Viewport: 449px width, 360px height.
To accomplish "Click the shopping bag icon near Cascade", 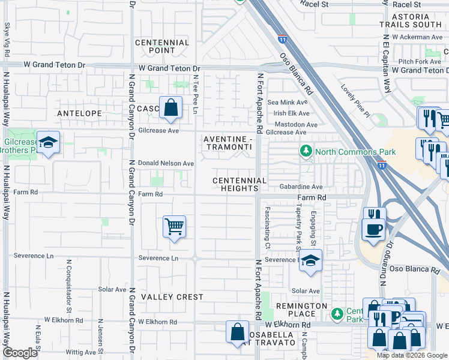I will (171, 109).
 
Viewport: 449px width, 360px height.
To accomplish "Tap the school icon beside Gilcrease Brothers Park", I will (49, 143).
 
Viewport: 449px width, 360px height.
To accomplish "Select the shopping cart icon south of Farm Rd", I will (174, 227).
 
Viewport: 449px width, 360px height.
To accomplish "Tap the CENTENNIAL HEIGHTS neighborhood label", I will (239, 184).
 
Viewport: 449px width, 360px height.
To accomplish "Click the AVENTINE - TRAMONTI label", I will (226, 143).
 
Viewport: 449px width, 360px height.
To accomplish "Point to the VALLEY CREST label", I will (164, 297).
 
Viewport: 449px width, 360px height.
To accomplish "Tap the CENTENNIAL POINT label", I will (162, 47).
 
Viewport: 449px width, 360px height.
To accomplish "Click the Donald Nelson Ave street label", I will (166, 163).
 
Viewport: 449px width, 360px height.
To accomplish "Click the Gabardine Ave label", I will (301, 187).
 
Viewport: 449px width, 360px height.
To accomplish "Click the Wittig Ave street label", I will (82, 352).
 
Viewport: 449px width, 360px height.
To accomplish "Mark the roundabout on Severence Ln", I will (196, 259).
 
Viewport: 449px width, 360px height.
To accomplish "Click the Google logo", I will (21, 353).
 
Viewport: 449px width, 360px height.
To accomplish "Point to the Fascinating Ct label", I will (268, 229).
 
